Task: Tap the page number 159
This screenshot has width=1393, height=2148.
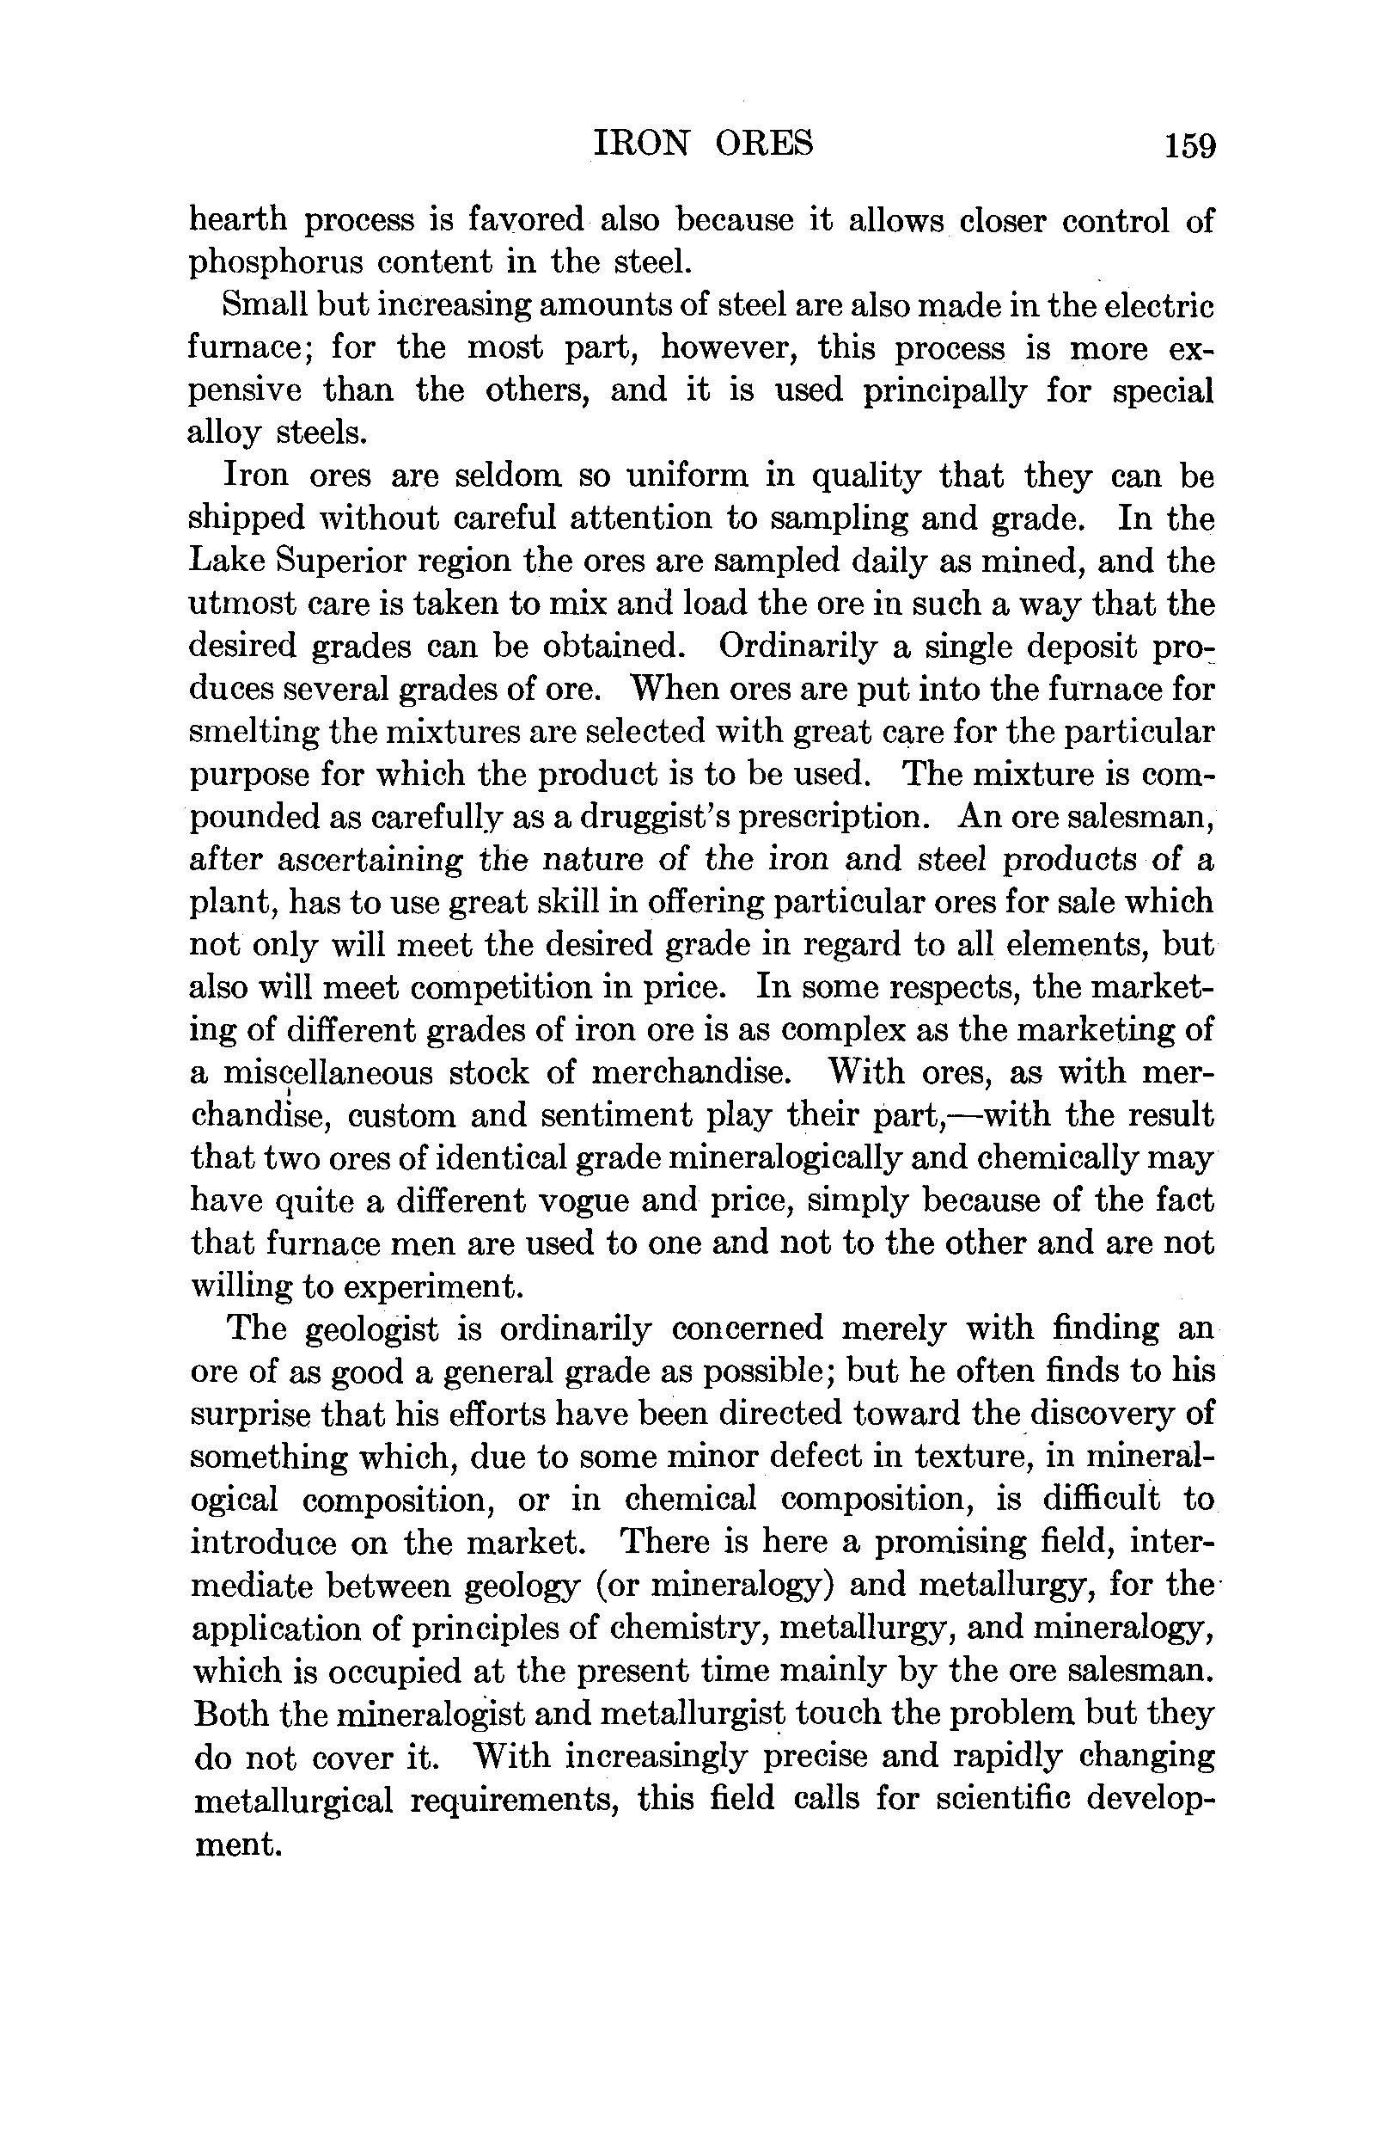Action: coord(1189,145)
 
